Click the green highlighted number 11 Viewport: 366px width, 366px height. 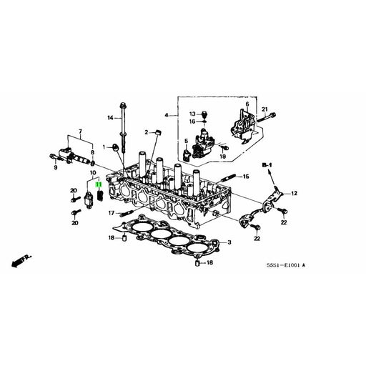[99, 184]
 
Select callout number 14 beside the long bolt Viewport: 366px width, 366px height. [110, 118]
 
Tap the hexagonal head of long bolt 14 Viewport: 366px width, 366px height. [123, 105]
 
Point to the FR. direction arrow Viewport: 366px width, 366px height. [21, 260]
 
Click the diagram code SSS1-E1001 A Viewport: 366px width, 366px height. [286, 265]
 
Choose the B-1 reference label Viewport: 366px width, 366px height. [267, 165]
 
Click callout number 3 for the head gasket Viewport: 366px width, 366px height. [229, 242]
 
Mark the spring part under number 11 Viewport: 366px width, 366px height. [101, 196]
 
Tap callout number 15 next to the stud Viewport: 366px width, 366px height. [246, 177]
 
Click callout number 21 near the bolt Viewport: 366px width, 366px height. [264, 109]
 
